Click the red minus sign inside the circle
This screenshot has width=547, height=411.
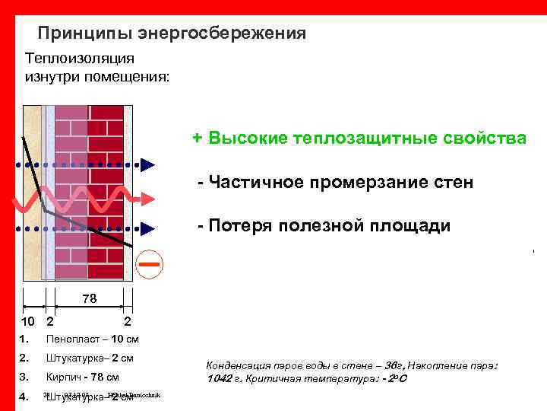[150, 264]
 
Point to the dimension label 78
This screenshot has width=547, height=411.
[90, 299]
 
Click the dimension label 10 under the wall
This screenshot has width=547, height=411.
[27, 322]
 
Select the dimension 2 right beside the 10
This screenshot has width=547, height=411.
[49, 322]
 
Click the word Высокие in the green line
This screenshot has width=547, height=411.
[243, 139]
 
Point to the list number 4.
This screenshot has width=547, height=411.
[24, 396]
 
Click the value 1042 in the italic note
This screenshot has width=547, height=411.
[219, 378]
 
